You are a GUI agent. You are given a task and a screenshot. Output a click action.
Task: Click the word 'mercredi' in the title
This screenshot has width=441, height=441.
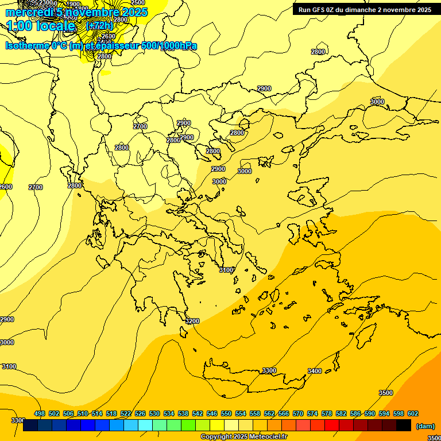[29, 12]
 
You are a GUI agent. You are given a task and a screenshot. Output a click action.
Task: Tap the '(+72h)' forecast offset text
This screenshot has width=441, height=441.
[99, 26]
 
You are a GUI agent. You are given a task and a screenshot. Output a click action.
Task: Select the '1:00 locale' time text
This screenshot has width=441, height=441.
[41, 26]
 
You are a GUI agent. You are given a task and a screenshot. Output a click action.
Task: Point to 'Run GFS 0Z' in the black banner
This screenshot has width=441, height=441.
[317, 10]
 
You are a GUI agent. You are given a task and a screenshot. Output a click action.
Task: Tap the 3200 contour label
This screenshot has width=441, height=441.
[192, 321]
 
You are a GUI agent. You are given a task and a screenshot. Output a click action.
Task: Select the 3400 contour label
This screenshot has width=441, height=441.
[315, 371]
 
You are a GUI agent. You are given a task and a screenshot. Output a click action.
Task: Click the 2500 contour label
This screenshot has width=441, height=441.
[138, 3]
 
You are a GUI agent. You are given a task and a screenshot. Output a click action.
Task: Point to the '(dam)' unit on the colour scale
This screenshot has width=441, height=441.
[425, 426]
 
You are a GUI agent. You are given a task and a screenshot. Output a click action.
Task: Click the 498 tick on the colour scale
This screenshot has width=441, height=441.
[40, 413]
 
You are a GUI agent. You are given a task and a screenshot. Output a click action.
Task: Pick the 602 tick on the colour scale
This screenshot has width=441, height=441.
[412, 413]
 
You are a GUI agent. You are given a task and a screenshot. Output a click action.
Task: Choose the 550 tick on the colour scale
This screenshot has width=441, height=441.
[226, 413]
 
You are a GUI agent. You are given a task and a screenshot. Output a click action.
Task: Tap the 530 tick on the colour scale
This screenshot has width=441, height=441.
[154, 413]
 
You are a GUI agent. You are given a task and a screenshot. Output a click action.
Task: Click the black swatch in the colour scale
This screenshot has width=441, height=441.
[403, 425]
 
